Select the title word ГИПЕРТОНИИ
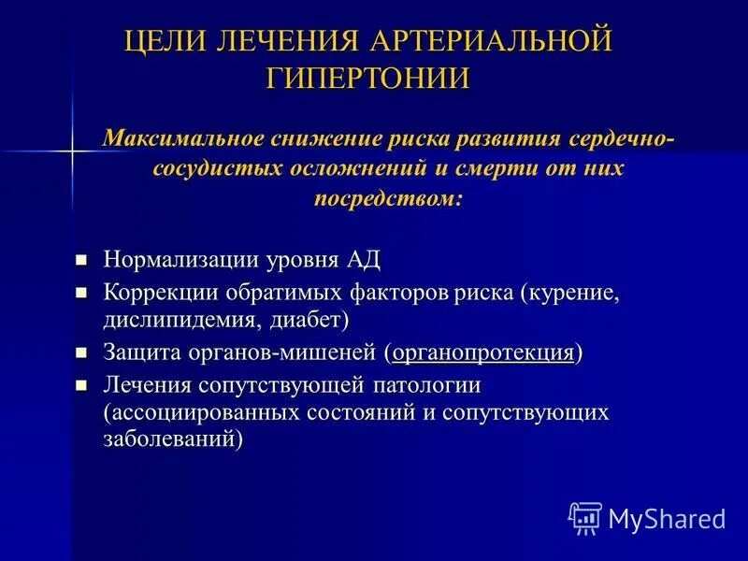point(368,78)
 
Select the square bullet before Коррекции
point(81,292)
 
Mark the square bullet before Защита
point(81,353)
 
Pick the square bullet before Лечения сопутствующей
point(81,385)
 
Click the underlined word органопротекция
point(482,353)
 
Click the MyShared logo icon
point(585,517)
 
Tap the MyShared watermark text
point(667,518)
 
